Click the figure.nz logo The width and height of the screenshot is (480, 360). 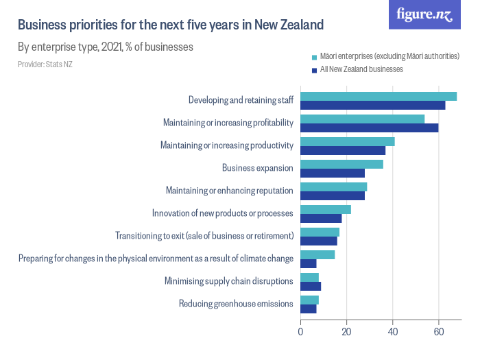(x=424, y=15)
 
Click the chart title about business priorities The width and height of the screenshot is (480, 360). (x=170, y=25)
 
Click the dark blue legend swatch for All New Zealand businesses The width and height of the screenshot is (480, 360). (x=314, y=69)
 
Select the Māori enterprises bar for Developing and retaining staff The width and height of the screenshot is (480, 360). (x=379, y=96)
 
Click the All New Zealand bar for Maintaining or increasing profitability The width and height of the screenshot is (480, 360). (x=369, y=128)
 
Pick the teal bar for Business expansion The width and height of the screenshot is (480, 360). (x=341, y=164)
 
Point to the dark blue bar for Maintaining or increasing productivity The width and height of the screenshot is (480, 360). (x=343, y=150)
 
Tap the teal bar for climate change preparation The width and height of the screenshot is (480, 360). (x=317, y=254)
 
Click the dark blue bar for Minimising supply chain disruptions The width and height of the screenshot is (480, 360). (x=311, y=286)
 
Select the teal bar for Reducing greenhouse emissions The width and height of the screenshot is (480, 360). (x=309, y=300)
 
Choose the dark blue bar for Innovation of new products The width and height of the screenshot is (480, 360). (x=321, y=218)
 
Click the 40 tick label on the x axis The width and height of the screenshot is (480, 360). (x=392, y=333)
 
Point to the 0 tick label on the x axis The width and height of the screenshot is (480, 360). (x=300, y=333)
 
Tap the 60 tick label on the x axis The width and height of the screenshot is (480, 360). (x=438, y=333)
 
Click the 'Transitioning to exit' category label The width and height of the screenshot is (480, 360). (x=204, y=236)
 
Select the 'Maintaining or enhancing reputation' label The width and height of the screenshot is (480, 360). (x=230, y=191)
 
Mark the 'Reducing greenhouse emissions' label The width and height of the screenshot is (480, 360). (x=236, y=304)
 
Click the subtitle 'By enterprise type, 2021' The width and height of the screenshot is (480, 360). (x=105, y=47)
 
